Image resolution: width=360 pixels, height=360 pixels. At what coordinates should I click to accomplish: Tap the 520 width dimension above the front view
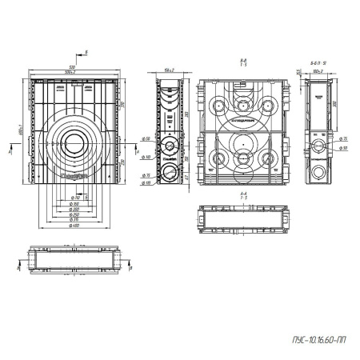click(x=73, y=67)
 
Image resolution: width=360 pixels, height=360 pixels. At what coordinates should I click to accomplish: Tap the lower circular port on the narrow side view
click(x=169, y=150)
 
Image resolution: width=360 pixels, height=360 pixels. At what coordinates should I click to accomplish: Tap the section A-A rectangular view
click(x=241, y=218)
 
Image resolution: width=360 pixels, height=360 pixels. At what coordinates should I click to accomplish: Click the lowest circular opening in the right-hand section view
click(x=320, y=172)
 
